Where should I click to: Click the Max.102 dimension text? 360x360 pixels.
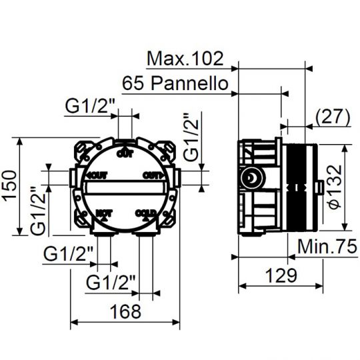pos(185,59)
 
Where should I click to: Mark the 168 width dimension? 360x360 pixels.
pos(124,311)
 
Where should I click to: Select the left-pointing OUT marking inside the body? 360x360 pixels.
pos(97,175)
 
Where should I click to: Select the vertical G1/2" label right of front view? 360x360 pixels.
pos(192,137)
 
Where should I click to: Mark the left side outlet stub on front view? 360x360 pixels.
pos(72,177)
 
